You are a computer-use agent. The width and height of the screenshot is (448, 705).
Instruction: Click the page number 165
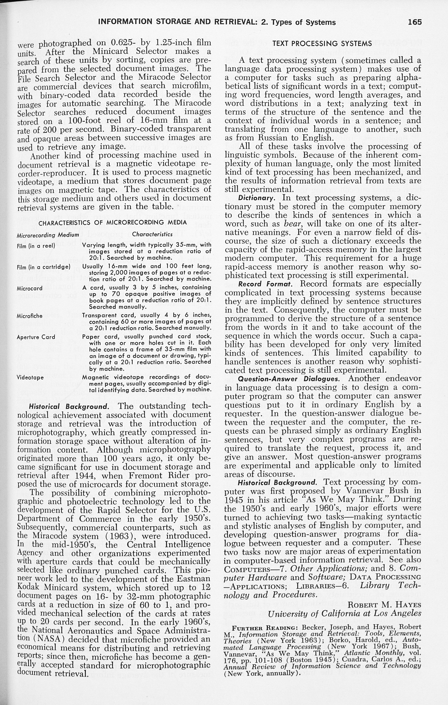click(415, 22)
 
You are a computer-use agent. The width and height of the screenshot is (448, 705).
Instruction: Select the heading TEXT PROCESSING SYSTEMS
click(322, 44)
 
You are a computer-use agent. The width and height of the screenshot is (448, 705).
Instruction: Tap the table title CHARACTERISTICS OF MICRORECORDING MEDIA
click(113, 223)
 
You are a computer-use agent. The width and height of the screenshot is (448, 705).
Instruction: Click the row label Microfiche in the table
click(30, 316)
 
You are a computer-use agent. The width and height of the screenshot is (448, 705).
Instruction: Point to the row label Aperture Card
click(36, 337)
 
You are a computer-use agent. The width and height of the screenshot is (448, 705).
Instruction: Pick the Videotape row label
click(30, 377)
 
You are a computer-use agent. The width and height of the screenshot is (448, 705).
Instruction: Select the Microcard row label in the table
click(30, 288)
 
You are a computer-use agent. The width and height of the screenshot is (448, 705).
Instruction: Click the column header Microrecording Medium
click(48, 235)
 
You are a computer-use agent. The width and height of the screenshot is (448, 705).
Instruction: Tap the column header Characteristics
click(152, 234)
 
